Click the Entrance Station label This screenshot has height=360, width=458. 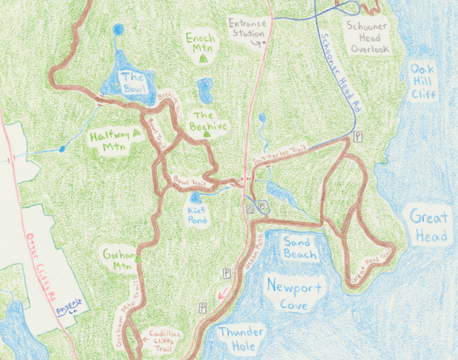pos(247,28)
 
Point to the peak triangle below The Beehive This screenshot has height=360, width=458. pos(206,134)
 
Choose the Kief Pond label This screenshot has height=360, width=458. pos(197,215)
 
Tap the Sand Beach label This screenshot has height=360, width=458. pos(300,248)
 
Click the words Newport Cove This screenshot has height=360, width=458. pos(294,296)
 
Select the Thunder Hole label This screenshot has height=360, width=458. pos(241,339)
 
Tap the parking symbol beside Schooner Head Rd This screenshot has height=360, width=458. pos(358,137)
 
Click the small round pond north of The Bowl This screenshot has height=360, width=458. pos(119,30)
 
